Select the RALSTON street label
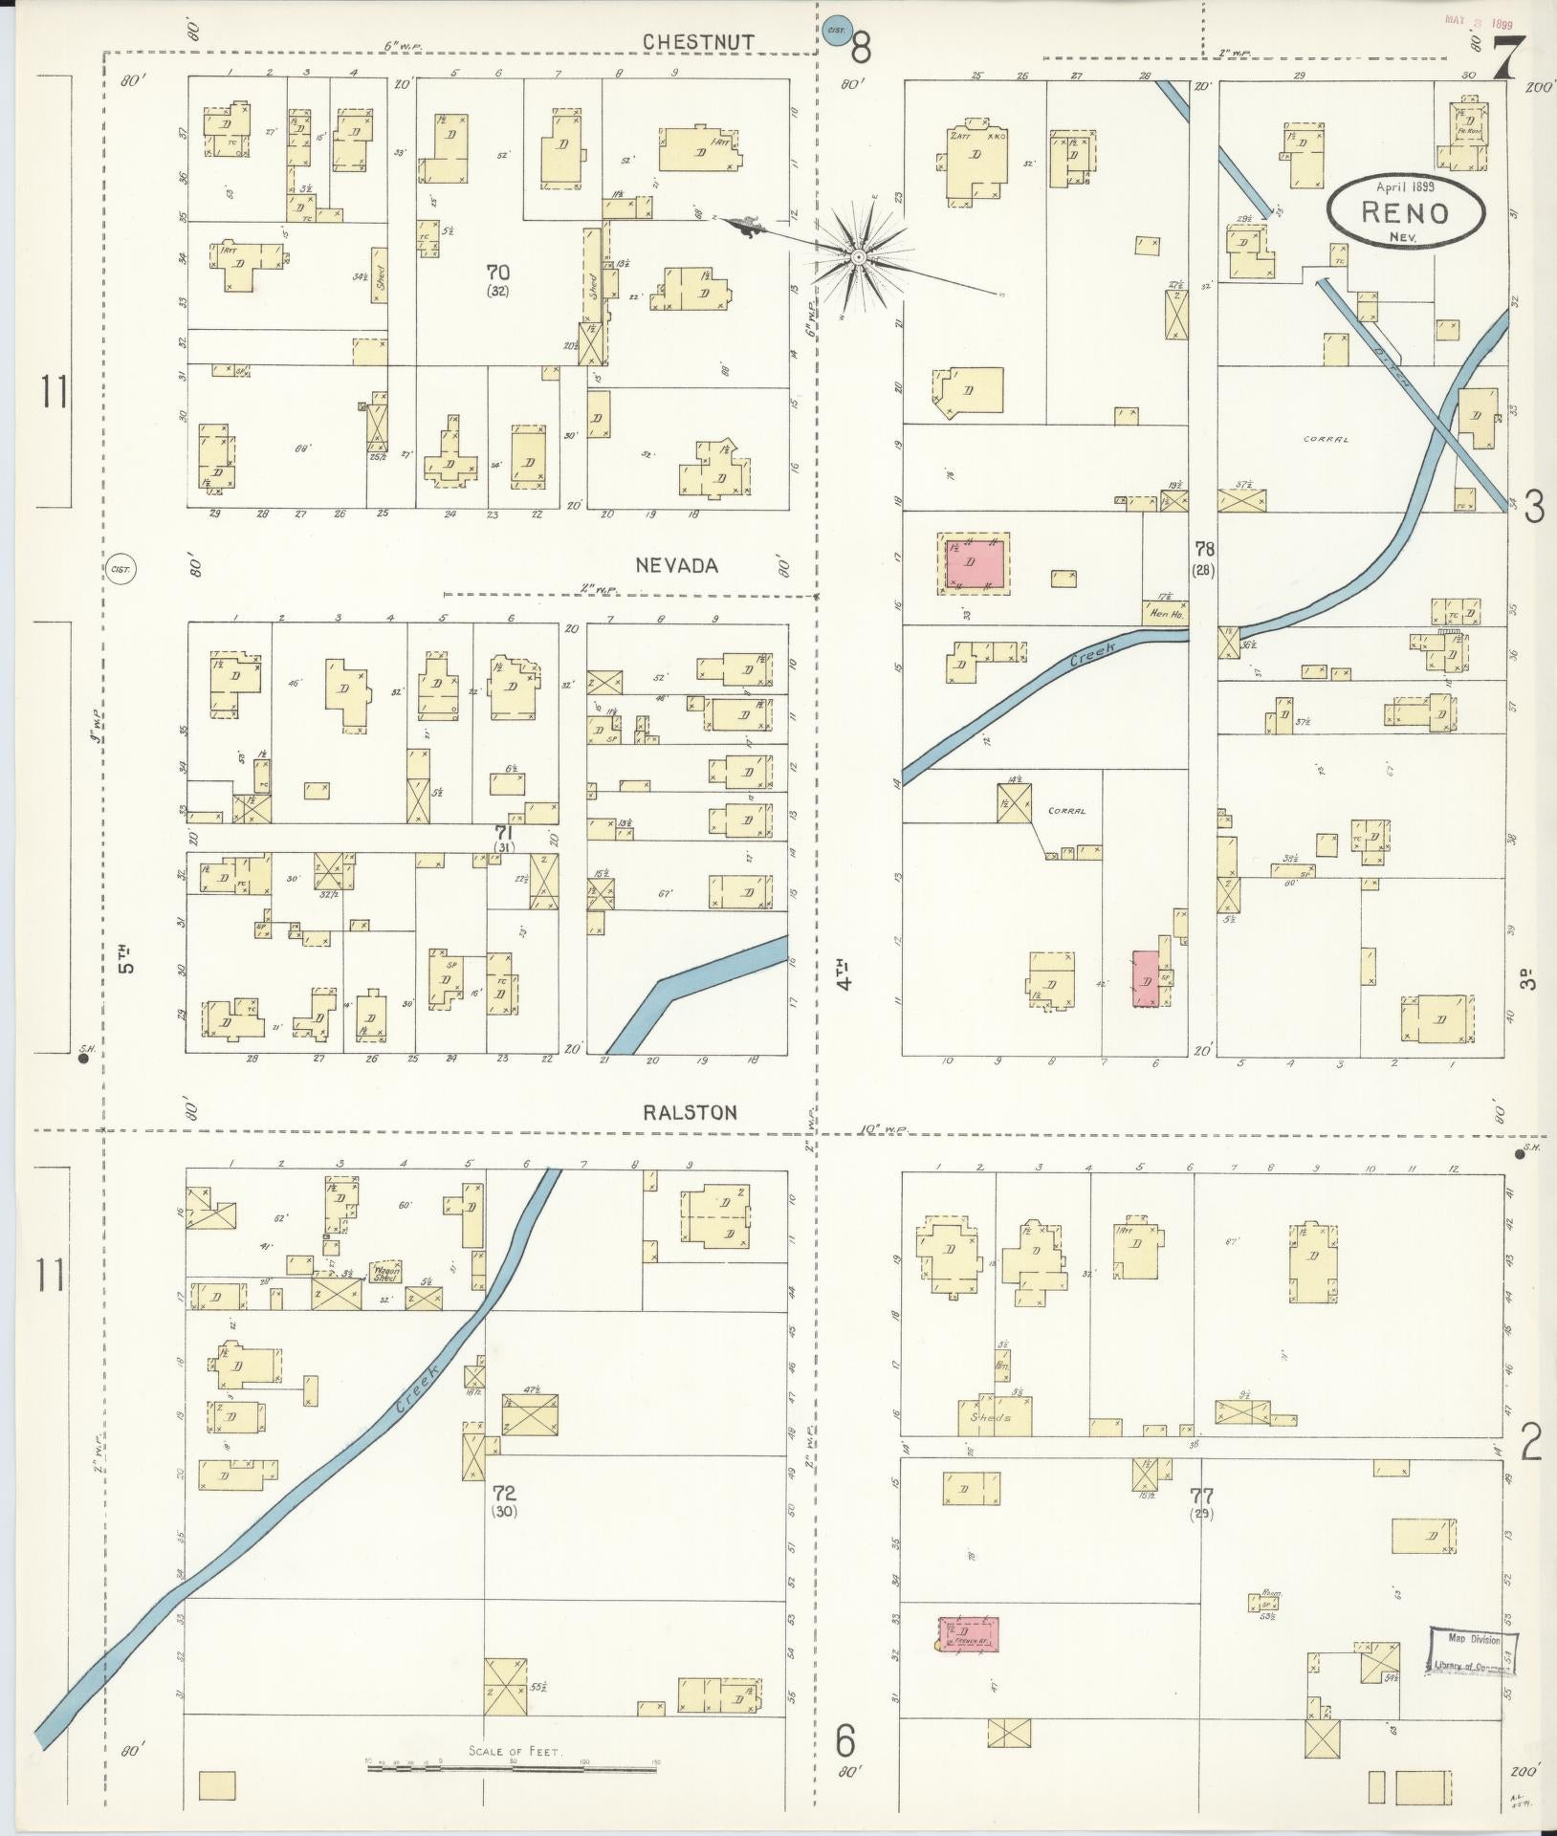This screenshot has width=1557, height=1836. [691, 1113]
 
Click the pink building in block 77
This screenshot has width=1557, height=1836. [969, 1634]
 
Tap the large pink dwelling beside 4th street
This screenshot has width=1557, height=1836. [976, 563]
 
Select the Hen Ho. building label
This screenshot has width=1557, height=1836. [1164, 616]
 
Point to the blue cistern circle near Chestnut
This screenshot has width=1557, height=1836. [837, 32]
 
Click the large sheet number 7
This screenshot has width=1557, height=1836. [1507, 59]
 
